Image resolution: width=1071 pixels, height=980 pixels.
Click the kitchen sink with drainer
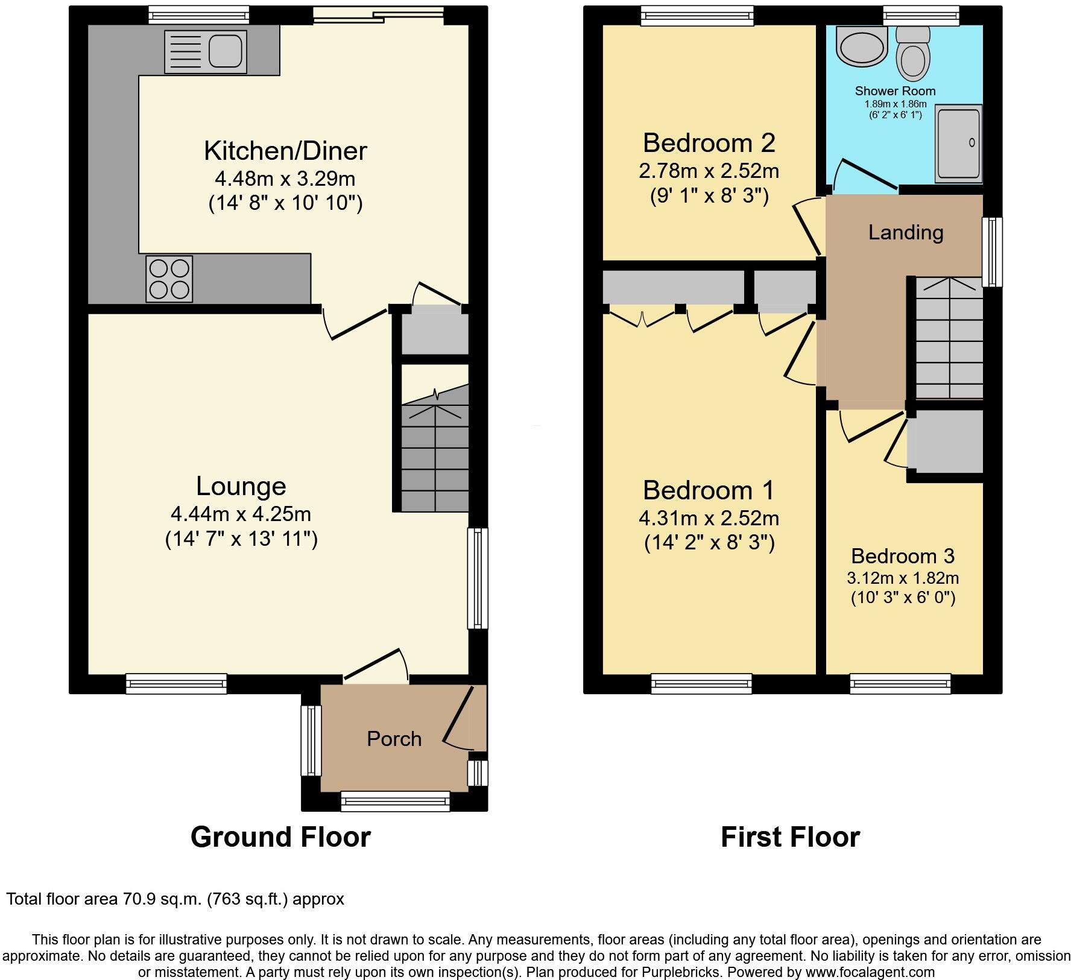click(205, 51)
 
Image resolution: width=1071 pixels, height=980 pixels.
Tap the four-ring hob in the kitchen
click(169, 279)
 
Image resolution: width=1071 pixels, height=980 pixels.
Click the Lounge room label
click(241, 486)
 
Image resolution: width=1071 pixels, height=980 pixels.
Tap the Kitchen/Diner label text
click(285, 151)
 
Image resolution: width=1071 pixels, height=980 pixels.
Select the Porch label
click(394, 739)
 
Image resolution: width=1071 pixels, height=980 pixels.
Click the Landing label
click(905, 232)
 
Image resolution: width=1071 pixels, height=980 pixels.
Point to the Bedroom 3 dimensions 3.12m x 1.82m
click(902, 578)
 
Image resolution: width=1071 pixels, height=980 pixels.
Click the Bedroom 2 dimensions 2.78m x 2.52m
click(709, 171)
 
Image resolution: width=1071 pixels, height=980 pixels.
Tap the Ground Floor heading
click(280, 837)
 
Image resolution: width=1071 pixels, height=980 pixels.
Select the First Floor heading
click(790, 837)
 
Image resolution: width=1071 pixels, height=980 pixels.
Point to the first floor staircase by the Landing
click(949, 338)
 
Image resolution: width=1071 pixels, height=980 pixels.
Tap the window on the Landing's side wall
click(992, 251)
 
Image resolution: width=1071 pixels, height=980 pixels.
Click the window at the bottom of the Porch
click(395, 801)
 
